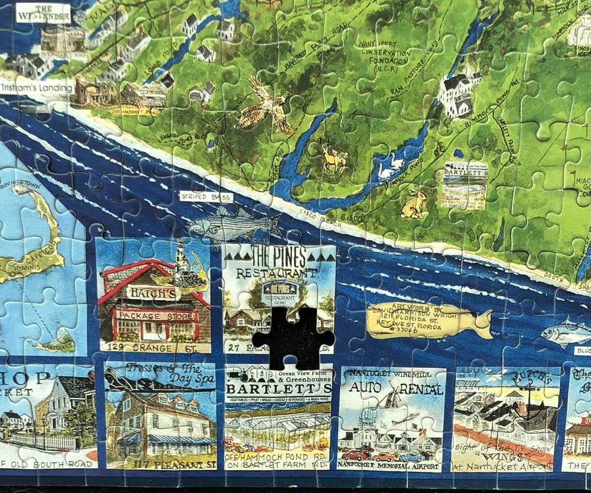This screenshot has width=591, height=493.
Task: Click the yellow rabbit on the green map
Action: click(x=413, y=204)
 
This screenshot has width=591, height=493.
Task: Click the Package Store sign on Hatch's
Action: click(x=155, y=315)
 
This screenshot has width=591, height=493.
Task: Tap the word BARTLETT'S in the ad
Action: click(x=278, y=389)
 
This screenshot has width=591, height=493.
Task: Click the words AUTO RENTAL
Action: click(x=393, y=390)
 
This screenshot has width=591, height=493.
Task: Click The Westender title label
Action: click(x=43, y=12)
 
